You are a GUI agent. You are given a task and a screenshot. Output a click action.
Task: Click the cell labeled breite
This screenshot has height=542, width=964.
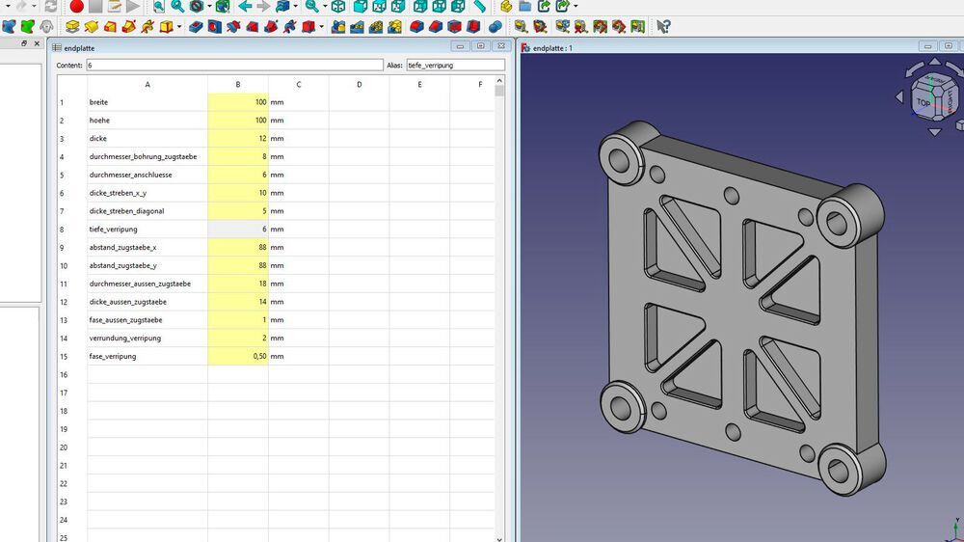click(147, 102)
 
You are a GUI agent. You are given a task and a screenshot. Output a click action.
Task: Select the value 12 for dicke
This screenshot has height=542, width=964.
click(238, 139)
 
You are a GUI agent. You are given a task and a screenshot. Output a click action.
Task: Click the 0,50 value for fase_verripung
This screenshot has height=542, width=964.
click(238, 357)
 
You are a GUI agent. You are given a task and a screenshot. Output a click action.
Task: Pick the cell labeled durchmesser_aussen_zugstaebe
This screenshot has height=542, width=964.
click(147, 285)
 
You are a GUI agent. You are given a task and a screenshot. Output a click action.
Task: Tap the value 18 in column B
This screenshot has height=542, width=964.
click(238, 285)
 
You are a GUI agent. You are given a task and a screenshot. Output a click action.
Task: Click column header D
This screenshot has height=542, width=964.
click(359, 85)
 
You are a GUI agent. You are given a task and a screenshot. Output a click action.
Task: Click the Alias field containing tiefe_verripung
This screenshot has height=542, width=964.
click(454, 66)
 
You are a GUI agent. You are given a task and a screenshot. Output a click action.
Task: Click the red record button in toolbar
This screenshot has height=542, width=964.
click(76, 7)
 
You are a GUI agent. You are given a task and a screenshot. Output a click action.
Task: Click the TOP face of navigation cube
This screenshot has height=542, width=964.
click(924, 102)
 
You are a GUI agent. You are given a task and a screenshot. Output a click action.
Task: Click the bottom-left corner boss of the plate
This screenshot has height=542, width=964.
click(621, 405)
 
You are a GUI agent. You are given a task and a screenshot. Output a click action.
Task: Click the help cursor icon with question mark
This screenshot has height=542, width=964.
click(663, 26)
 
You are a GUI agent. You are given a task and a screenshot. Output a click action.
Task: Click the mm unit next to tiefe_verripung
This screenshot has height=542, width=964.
click(277, 230)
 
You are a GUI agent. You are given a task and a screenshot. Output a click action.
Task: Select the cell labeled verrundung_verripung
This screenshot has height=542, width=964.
click(147, 339)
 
